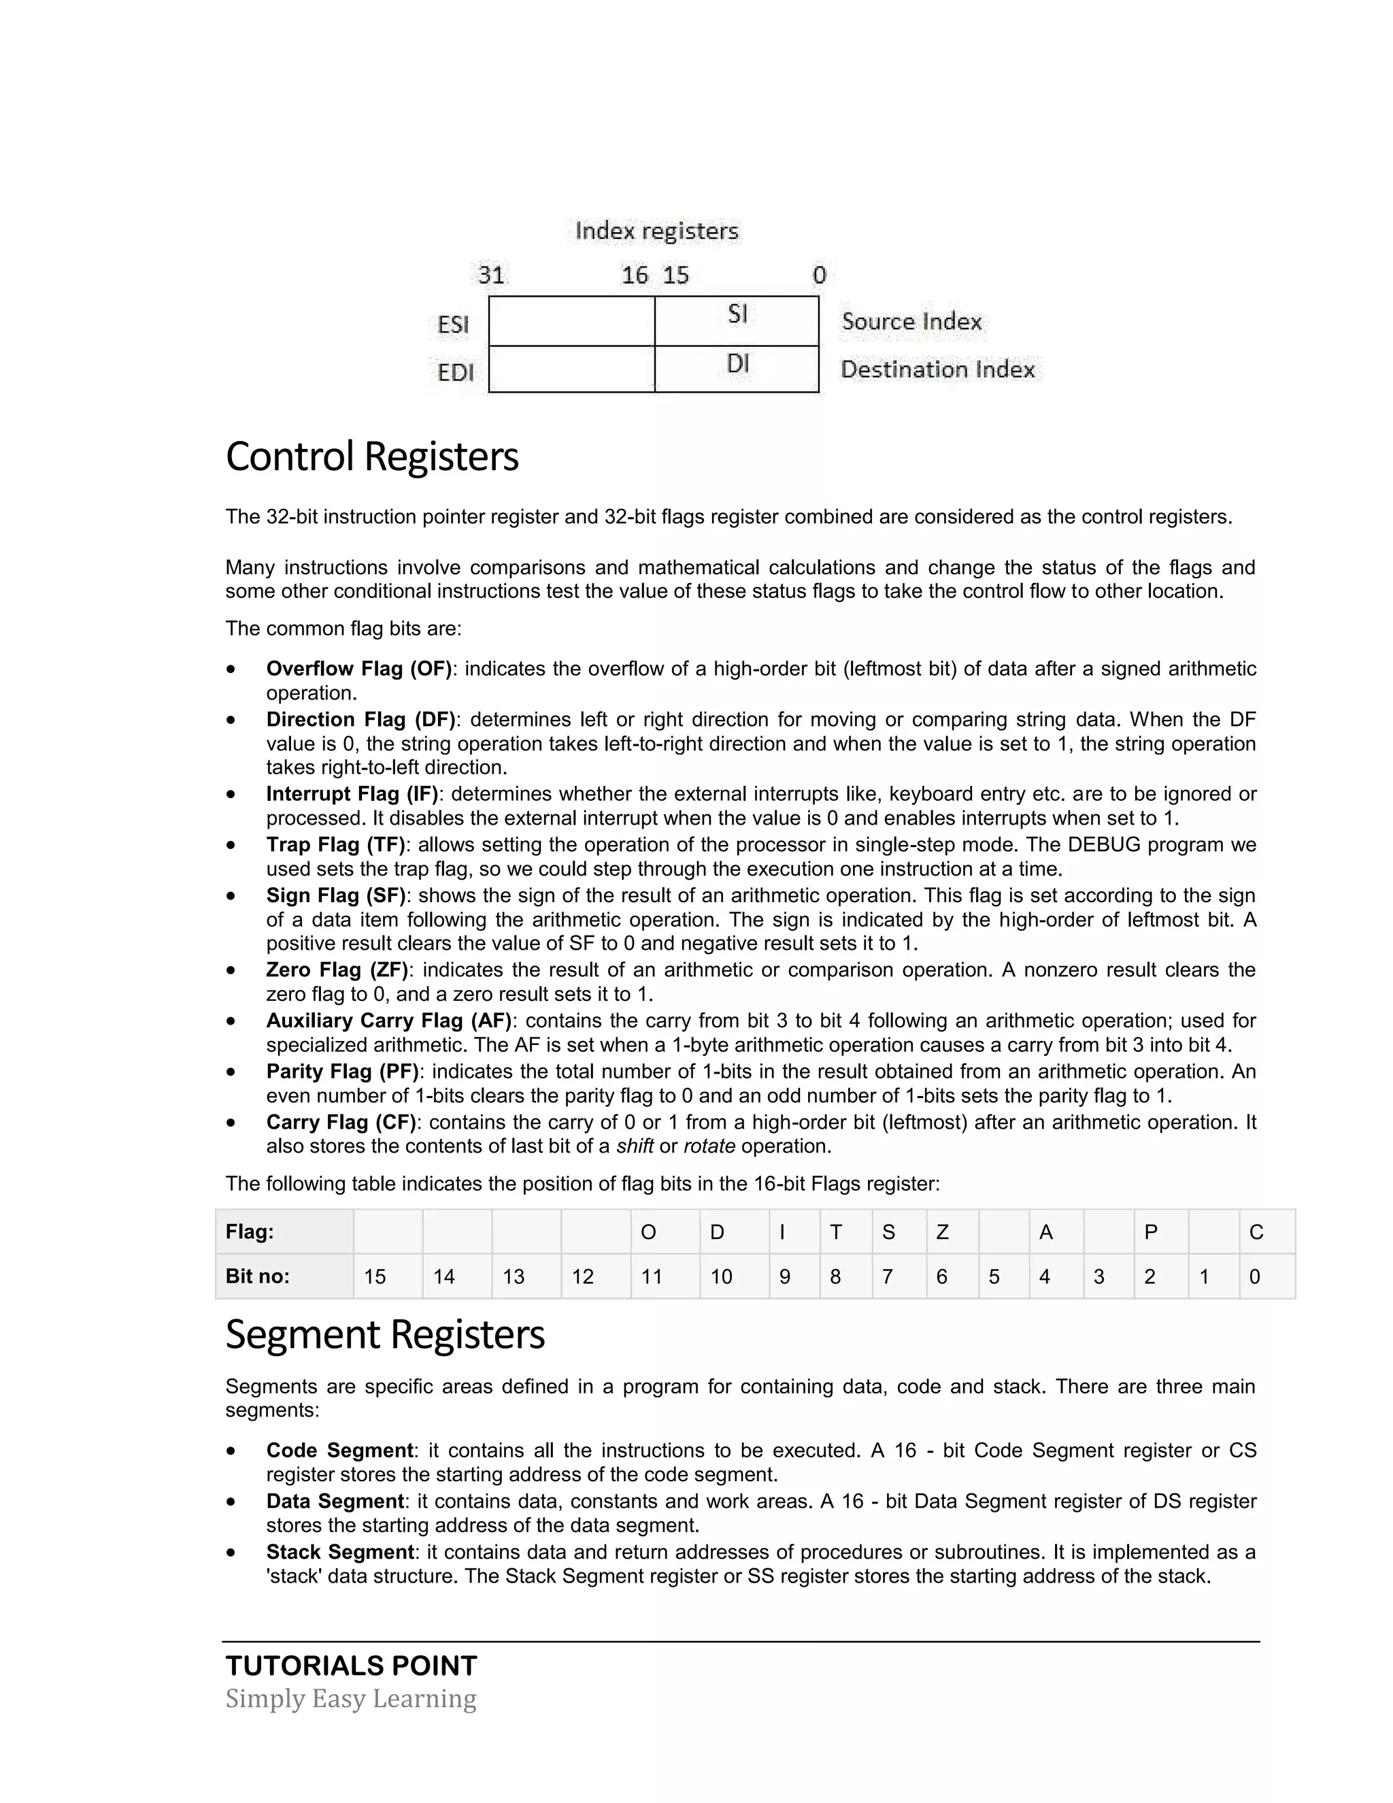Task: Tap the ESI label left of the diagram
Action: point(453,325)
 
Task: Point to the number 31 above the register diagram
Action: point(491,275)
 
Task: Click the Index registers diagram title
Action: point(656,231)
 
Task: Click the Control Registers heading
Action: point(371,457)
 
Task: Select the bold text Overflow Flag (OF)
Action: point(358,669)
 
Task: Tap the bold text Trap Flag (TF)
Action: point(335,844)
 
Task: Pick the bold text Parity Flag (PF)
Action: point(341,1072)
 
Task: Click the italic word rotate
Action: point(709,1146)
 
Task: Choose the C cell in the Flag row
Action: point(1266,1233)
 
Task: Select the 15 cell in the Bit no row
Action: point(387,1277)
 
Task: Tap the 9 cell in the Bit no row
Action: point(794,1277)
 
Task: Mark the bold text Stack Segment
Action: point(339,1552)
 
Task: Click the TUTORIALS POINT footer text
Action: point(351,1666)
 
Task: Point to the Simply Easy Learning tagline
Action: point(351,1699)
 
